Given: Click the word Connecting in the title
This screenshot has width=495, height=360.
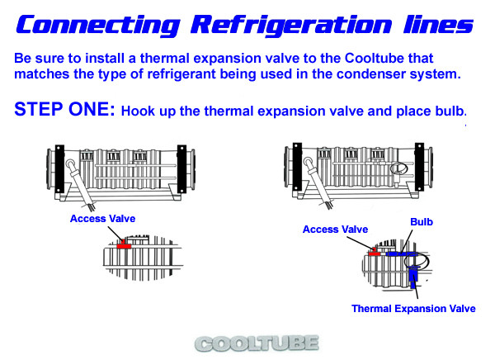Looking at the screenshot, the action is click(98, 26).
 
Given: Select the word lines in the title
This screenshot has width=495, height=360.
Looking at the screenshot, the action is click(438, 24).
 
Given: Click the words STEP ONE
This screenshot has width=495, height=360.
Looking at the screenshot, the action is click(64, 109).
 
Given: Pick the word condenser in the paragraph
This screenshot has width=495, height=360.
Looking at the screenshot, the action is click(371, 74).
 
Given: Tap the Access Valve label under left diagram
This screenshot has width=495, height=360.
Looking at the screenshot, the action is click(102, 219).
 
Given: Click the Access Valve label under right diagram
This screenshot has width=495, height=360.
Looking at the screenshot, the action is click(335, 230).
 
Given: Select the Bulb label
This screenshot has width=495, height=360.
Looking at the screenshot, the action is click(422, 222).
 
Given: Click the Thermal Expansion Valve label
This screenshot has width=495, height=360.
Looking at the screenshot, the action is click(413, 309).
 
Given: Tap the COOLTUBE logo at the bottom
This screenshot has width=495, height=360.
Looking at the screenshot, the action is click(257, 343).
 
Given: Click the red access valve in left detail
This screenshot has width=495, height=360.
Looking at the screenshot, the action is click(124, 246).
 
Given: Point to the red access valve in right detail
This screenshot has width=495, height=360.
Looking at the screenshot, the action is click(375, 253).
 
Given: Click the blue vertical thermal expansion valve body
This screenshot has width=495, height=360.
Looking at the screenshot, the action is click(413, 277).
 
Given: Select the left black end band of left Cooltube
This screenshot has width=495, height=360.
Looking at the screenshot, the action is click(59, 169).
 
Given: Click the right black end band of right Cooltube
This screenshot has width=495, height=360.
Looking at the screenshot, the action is click(419, 167).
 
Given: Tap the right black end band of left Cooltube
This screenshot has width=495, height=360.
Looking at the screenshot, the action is click(181, 169).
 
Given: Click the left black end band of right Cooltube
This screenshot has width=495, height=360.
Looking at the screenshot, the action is click(297, 167).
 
